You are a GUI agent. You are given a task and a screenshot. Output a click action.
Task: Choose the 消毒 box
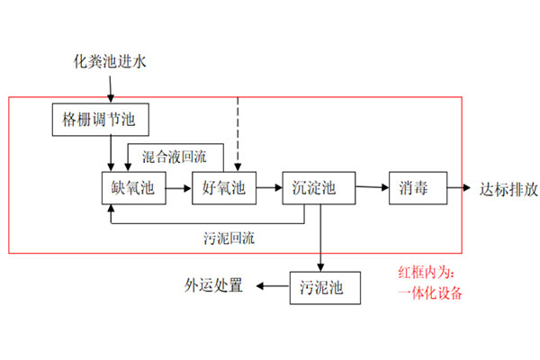(414, 188)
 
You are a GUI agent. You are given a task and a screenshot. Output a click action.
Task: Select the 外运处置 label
(213, 287)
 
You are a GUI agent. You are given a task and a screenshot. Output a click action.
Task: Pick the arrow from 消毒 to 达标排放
(454, 188)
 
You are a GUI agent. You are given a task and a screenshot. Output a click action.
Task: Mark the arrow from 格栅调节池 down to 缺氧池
(110, 151)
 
